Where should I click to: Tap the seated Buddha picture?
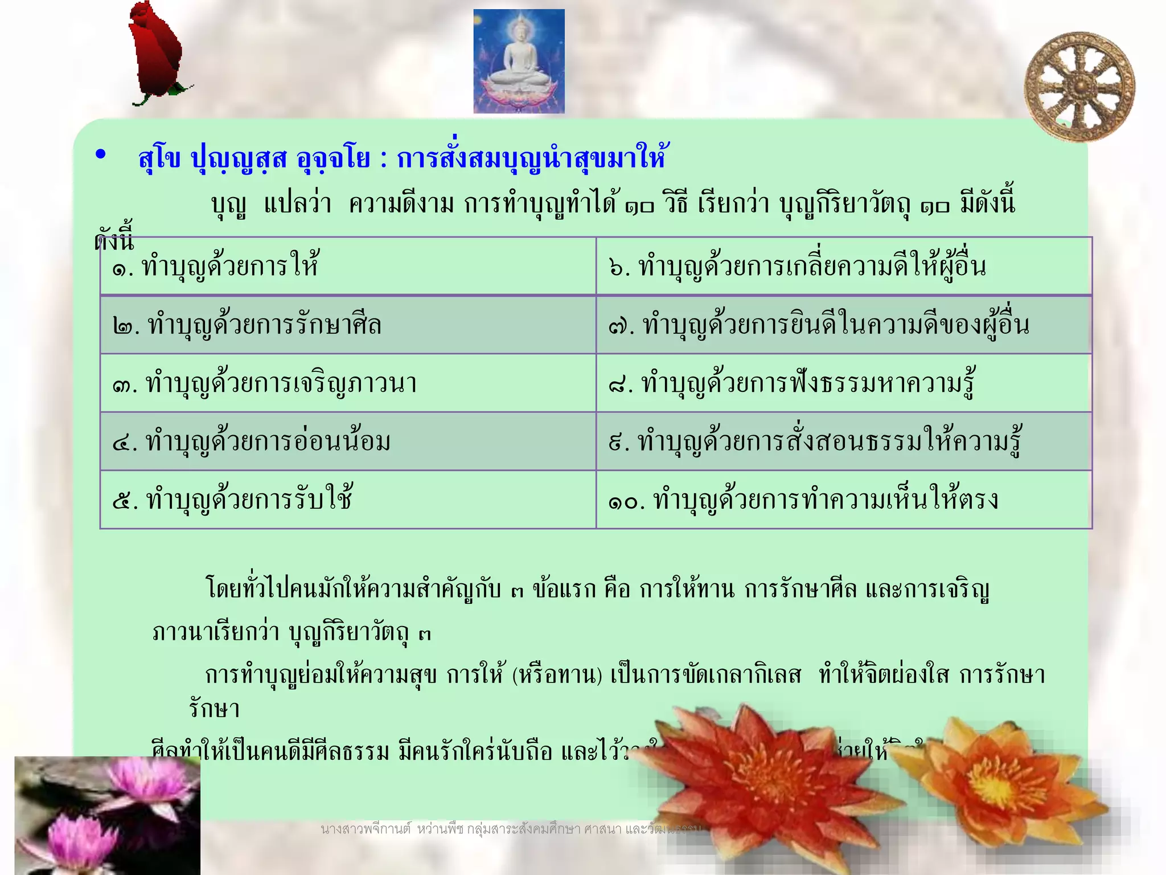coord(519,62)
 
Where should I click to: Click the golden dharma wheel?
coord(1079,87)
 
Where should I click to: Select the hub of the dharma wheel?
coord(1079,87)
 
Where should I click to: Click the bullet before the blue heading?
coord(101,155)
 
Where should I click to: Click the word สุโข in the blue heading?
coord(159,158)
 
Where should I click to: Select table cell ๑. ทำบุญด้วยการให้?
coord(347,266)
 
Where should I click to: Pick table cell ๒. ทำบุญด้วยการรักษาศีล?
coord(347,325)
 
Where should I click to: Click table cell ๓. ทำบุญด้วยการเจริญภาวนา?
coord(347,383)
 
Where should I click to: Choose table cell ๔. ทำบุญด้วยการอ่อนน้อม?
coord(347,441)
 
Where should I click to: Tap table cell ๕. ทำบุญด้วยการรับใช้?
coord(347,500)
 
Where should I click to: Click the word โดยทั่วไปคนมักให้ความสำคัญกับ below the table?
coord(353,589)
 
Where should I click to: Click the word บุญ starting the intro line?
coord(229,204)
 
